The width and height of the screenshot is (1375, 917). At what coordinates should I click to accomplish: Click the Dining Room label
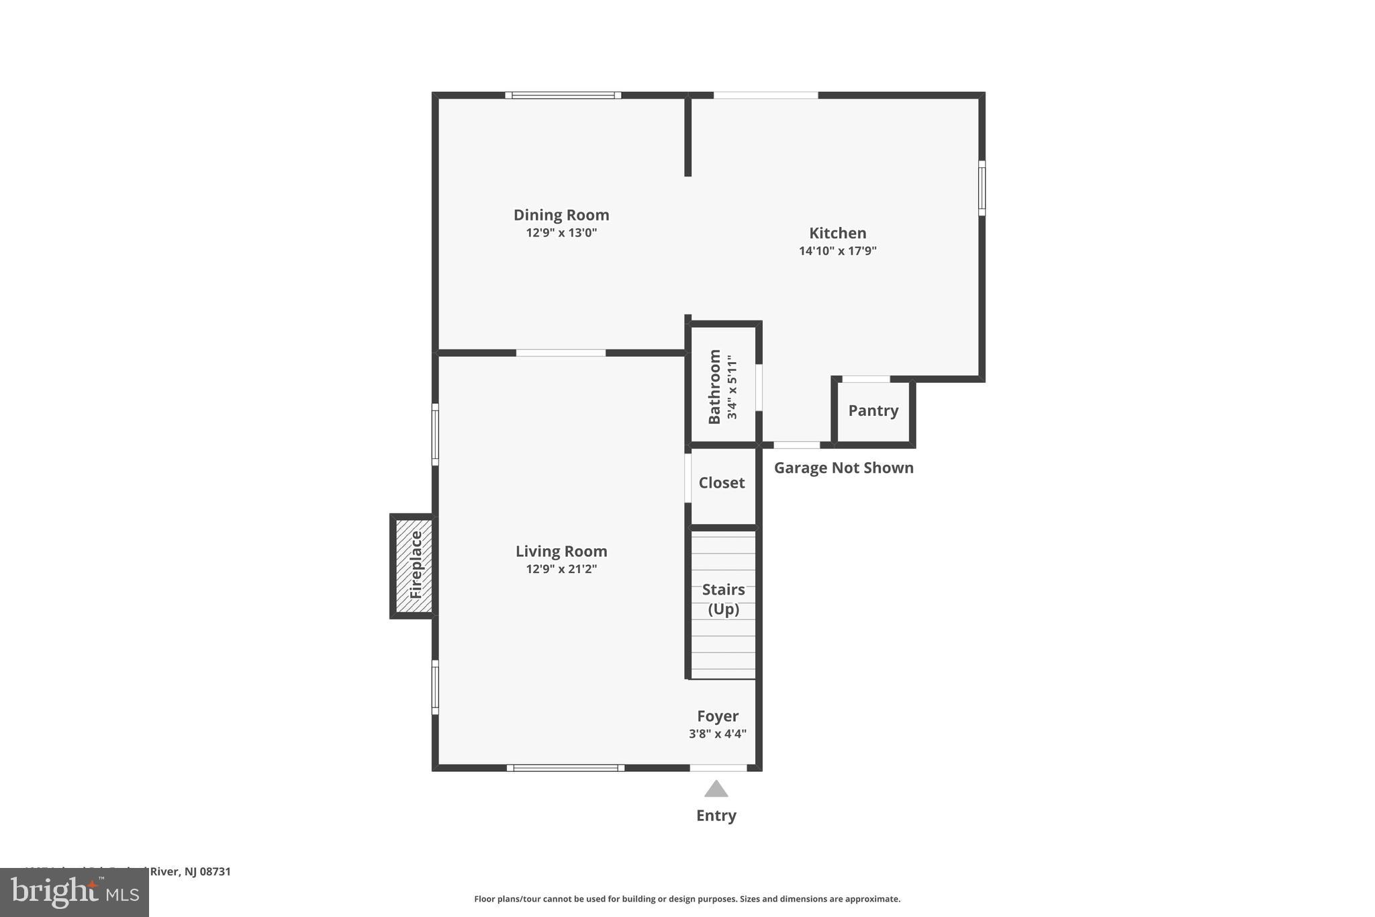point(561,215)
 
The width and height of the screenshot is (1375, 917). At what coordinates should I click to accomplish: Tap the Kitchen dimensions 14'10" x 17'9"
point(837,251)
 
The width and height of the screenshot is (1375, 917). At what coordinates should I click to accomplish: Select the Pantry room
point(873,410)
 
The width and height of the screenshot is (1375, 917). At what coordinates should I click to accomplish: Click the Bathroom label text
point(714,387)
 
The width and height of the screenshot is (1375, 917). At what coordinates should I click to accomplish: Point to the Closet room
point(722,483)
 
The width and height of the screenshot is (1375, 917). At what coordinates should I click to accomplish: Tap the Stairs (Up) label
point(723,599)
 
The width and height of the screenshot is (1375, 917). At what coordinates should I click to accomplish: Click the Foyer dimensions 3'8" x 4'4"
point(717,734)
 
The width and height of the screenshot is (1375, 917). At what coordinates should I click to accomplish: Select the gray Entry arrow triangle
point(716,789)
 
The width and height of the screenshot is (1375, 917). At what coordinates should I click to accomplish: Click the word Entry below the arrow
point(716,816)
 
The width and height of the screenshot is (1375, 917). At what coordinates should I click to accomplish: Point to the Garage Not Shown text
point(843,468)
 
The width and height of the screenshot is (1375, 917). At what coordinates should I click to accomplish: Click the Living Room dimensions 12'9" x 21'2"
point(561,570)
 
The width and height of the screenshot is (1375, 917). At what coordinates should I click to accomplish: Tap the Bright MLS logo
point(75,892)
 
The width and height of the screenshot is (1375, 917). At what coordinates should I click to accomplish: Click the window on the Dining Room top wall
point(563,95)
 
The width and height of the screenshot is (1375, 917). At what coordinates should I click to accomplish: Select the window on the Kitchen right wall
point(982,188)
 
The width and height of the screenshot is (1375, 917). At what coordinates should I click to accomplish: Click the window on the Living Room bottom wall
point(565,768)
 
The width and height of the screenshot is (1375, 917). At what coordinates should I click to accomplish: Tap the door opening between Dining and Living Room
point(561,353)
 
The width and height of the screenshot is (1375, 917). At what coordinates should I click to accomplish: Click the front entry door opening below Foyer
point(718,768)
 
